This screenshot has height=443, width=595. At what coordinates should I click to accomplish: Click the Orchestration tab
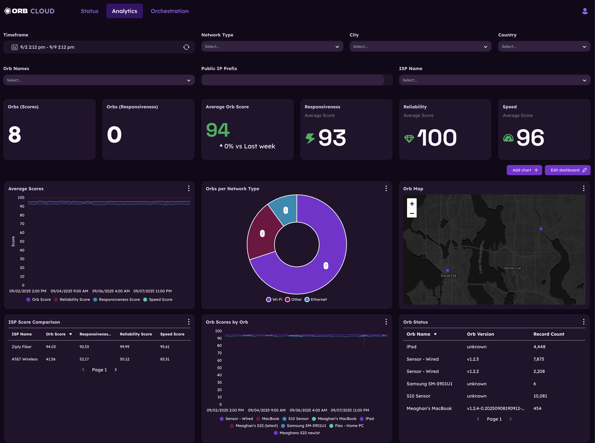coord(170,11)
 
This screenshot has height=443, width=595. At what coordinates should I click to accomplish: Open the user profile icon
coord(585,11)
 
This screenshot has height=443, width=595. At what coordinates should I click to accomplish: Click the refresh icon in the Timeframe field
coord(186,47)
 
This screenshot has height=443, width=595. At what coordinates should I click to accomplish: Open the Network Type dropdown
coord(272,47)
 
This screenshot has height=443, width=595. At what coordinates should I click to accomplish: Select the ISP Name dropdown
coord(494,80)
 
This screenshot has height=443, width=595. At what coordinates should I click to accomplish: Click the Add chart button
coord(524,170)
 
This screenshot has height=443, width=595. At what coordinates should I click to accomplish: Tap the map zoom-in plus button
coord(411,203)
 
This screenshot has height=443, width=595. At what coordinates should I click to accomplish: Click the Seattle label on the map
coord(448,275)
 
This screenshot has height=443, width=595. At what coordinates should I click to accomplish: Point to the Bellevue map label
coord(512,268)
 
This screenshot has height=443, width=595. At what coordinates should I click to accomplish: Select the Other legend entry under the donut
coord(294,300)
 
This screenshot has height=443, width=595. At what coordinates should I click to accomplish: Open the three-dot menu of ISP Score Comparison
coord(189,322)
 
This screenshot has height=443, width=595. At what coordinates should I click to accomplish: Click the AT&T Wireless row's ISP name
coord(25,359)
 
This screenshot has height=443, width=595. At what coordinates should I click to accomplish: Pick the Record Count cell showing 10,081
coord(540,396)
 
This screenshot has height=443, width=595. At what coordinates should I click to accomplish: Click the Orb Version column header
coord(480,334)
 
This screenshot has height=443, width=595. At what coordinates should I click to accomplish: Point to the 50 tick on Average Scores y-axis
coord(22,241)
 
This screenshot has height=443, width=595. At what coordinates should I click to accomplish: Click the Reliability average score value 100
coord(437,138)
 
